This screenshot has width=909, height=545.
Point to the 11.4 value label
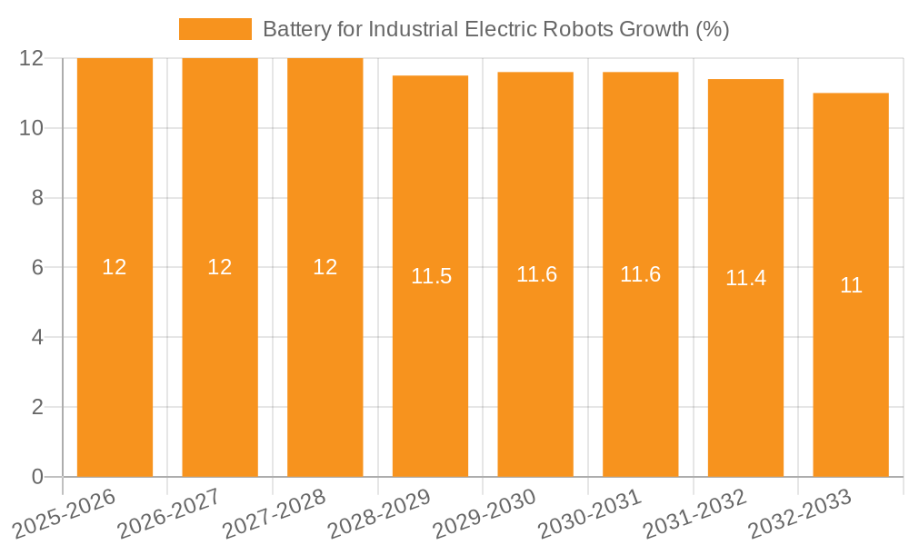745,279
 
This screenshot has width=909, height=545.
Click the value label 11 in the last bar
851,285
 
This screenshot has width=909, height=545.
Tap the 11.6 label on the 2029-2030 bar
536,274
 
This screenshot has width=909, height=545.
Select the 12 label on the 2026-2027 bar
220,267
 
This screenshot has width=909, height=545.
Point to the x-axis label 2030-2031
590,513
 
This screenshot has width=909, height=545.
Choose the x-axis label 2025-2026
65,513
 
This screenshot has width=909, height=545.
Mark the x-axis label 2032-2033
800,513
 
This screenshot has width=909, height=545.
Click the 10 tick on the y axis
32,128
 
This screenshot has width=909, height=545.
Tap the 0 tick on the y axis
37,477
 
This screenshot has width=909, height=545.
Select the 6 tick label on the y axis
37,268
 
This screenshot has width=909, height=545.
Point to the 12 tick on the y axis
32,58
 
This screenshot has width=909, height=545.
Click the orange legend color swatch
215,29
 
